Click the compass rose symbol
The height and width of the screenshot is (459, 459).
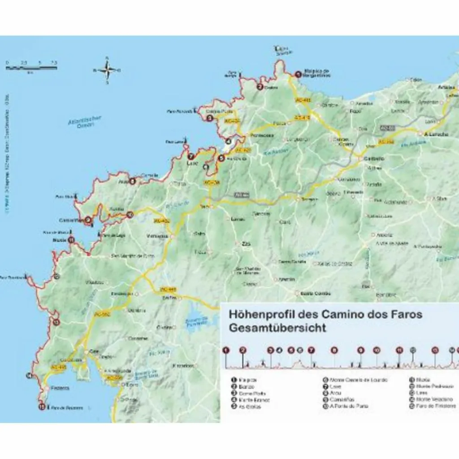click(107, 70)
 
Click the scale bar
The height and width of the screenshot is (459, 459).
click(31, 68)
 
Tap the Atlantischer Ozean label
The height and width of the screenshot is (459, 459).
click(85, 122)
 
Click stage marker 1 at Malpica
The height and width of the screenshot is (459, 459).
click(298, 75)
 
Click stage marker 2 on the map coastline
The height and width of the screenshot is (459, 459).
click(260, 87)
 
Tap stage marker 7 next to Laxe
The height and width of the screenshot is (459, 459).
click(191, 157)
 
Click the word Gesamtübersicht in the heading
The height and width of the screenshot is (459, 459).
click(278, 328)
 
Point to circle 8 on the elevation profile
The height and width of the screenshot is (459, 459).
click(333, 351)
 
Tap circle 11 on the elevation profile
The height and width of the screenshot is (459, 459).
click(399, 351)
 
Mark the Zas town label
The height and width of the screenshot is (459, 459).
click(245, 243)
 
